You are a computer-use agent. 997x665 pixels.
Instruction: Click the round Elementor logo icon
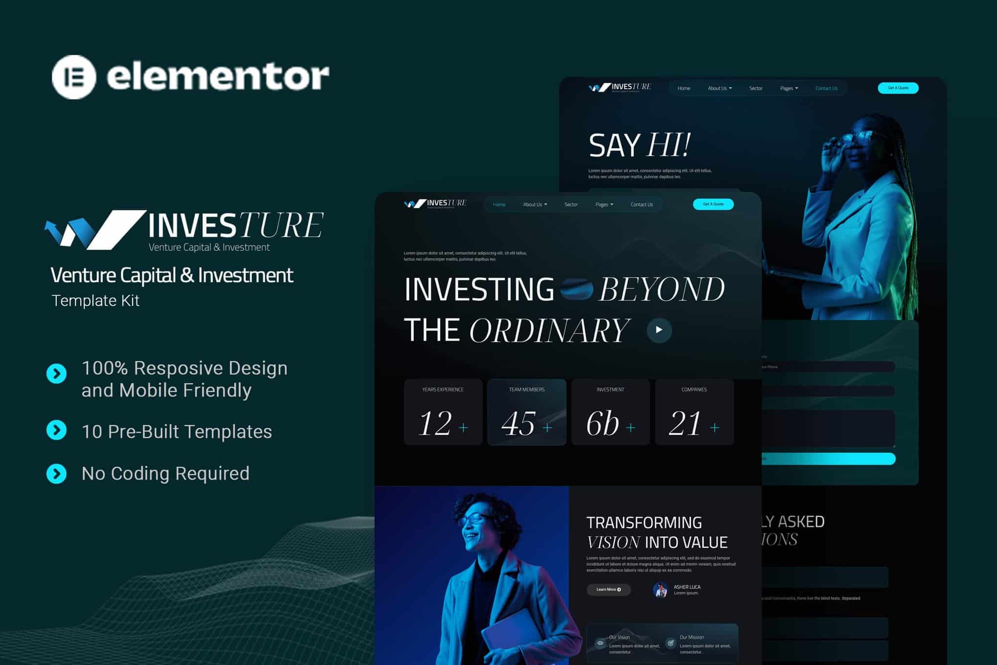point(74,77)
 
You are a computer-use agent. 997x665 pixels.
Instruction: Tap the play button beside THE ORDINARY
point(659,330)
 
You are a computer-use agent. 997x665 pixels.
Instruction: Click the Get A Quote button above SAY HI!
point(898,88)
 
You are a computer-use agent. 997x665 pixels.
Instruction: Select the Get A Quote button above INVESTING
point(713,204)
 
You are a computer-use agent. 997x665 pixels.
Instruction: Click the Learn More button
point(608,590)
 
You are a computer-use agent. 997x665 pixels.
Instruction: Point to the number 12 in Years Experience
point(434,424)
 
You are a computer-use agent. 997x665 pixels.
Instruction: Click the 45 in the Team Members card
point(518,424)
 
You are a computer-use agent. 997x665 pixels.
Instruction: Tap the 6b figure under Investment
point(602,424)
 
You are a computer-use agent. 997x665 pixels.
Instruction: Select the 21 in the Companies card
point(684,424)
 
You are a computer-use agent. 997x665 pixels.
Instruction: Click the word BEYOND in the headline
point(661,289)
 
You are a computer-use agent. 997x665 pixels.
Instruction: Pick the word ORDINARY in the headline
point(549,331)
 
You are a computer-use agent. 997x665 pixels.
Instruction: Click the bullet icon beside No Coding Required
point(57,474)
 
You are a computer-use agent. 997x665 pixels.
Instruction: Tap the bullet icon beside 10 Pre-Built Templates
point(57,430)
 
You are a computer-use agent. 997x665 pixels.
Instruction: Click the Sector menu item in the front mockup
point(571,205)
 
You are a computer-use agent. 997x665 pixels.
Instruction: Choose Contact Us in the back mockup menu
point(826,89)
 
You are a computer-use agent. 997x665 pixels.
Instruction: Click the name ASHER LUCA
point(687,587)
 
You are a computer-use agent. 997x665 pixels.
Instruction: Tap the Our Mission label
point(692,637)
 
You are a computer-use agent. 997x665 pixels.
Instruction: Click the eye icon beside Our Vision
point(600,643)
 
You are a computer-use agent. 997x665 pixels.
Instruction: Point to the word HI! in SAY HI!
point(668,145)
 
